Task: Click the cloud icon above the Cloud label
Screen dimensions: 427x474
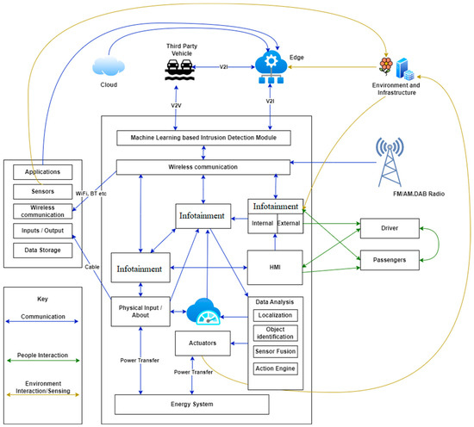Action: pyautogui.click(x=109, y=64)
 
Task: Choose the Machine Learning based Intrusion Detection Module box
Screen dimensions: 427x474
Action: pyautogui.click(x=203, y=139)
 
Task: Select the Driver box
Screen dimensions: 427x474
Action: pyautogui.click(x=390, y=230)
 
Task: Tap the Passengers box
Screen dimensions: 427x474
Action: pyautogui.click(x=390, y=257)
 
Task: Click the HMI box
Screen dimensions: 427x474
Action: pyautogui.click(x=275, y=266)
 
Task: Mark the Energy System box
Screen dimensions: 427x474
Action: pyautogui.click(x=192, y=404)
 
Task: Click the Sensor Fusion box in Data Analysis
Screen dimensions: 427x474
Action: pyautogui.click(x=276, y=351)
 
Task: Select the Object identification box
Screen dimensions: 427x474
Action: pyautogui.click(x=276, y=331)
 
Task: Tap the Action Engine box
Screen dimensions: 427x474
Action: pyautogui.click(x=276, y=369)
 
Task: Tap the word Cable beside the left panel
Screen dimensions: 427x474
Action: pyautogui.click(x=92, y=266)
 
